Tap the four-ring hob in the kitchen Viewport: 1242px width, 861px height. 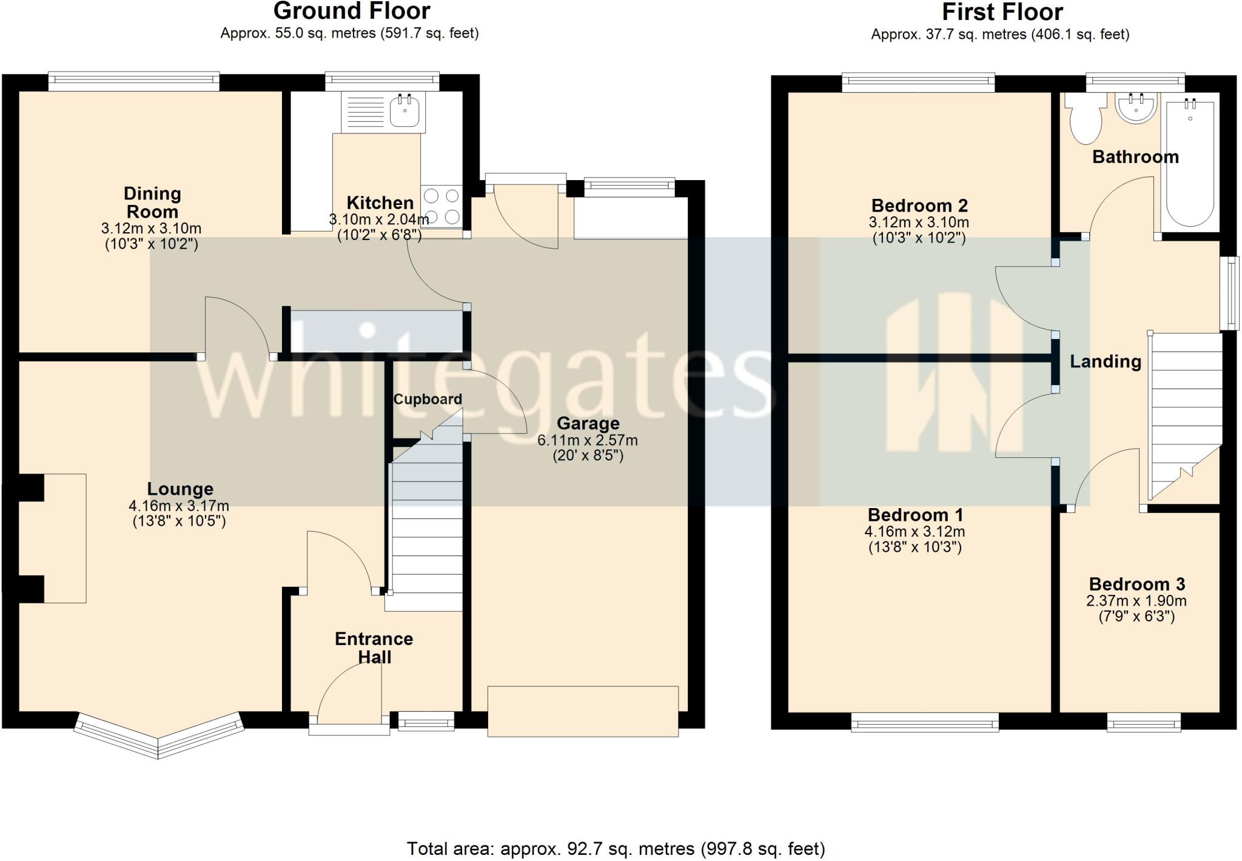tap(441, 206)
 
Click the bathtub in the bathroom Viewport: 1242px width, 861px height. tap(1189, 164)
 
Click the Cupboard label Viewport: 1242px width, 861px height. tap(428, 399)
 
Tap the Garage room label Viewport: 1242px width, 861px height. tap(588, 423)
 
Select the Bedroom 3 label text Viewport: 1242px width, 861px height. tap(1136, 584)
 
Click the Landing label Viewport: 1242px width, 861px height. tap(1105, 361)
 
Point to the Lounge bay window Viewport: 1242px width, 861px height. tap(158, 735)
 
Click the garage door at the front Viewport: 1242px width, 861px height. tap(583, 711)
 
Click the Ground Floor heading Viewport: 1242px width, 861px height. tap(351, 11)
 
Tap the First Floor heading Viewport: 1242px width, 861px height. tap(1002, 12)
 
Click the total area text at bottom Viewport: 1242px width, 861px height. tap(616, 848)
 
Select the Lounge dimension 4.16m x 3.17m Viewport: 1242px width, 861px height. tap(179, 505)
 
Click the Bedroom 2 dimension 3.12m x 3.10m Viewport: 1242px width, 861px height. tap(918, 222)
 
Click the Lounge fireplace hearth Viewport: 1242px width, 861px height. tap(64, 538)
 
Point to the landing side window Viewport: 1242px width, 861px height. tap(1229, 293)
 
